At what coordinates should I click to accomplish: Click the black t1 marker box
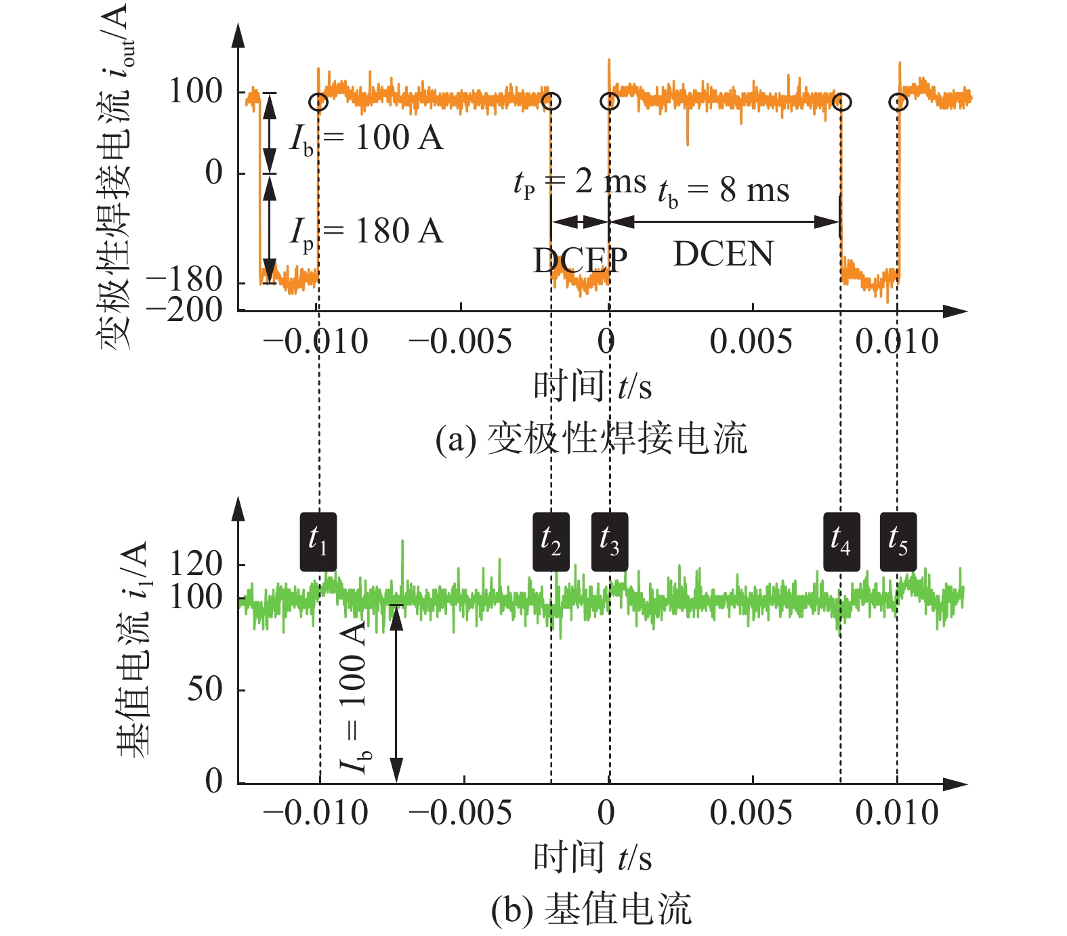pos(318,542)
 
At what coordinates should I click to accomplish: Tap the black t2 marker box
pos(551,542)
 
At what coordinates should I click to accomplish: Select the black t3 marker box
pos(610,542)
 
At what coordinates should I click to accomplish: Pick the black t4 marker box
pos(841,542)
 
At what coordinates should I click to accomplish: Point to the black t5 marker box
pos(898,542)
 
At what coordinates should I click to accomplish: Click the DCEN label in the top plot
pos(723,255)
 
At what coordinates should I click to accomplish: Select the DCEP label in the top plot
pos(580,260)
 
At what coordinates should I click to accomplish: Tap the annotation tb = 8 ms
pos(724,192)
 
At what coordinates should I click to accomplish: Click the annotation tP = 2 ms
pos(580,182)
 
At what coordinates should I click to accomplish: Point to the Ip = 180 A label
pos(367,232)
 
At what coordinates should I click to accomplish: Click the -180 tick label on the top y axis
pos(185,279)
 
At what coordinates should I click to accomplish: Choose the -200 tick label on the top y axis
pos(185,310)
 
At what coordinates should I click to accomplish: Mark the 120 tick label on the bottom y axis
pos(196,563)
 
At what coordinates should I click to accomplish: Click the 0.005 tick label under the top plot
pos(751,341)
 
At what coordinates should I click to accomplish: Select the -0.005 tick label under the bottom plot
pos(461,813)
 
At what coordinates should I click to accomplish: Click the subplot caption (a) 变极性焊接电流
pos(591,439)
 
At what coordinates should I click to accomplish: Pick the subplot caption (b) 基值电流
pos(591,909)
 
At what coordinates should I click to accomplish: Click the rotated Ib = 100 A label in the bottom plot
pos(354,698)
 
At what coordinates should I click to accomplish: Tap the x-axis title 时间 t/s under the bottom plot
pos(593,858)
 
